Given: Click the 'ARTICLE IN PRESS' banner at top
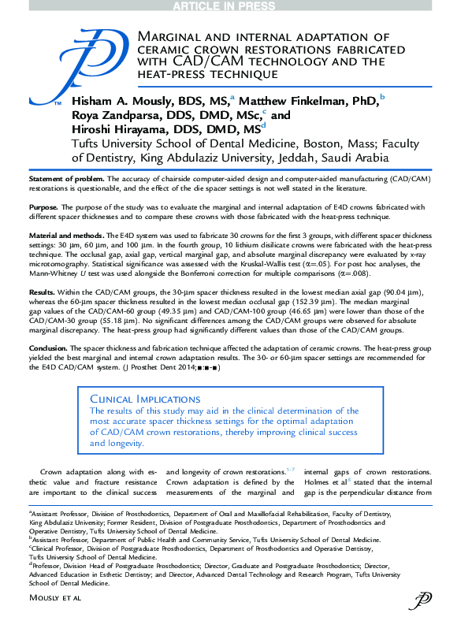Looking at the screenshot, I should coord(230,6).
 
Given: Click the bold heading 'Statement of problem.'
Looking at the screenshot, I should coord(66,180).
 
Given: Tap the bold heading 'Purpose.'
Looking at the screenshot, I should coord(43,207).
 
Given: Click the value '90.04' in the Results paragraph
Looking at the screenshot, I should coord(383,291).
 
